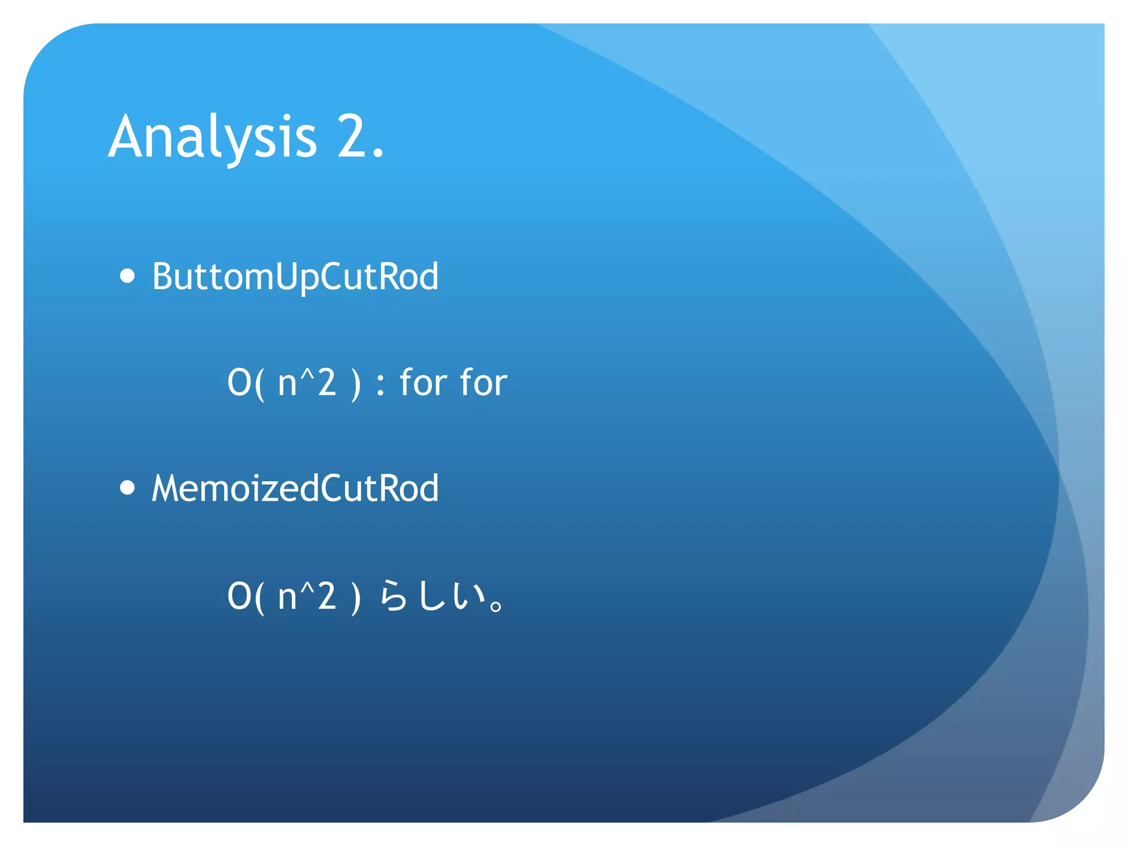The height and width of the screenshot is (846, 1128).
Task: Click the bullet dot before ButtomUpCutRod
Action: tap(127, 275)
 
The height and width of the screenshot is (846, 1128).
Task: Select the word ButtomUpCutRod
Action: tap(295, 276)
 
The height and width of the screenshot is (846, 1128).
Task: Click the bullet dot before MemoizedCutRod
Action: tap(127, 487)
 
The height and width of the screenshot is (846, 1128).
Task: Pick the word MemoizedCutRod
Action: tap(295, 489)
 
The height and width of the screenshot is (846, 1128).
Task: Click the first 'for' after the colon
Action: tap(423, 382)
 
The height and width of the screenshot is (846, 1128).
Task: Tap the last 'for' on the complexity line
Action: tap(483, 382)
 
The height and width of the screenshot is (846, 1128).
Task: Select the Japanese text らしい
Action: tap(432, 596)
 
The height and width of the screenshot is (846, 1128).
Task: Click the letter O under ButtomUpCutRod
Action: tap(239, 383)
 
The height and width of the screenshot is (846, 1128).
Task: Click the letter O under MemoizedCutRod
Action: tap(239, 596)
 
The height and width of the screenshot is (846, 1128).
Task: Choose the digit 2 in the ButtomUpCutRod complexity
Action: tap(327, 383)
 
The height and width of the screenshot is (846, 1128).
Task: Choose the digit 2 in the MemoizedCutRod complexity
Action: tap(327, 596)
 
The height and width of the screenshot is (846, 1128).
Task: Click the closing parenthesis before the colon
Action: tap(356, 384)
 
